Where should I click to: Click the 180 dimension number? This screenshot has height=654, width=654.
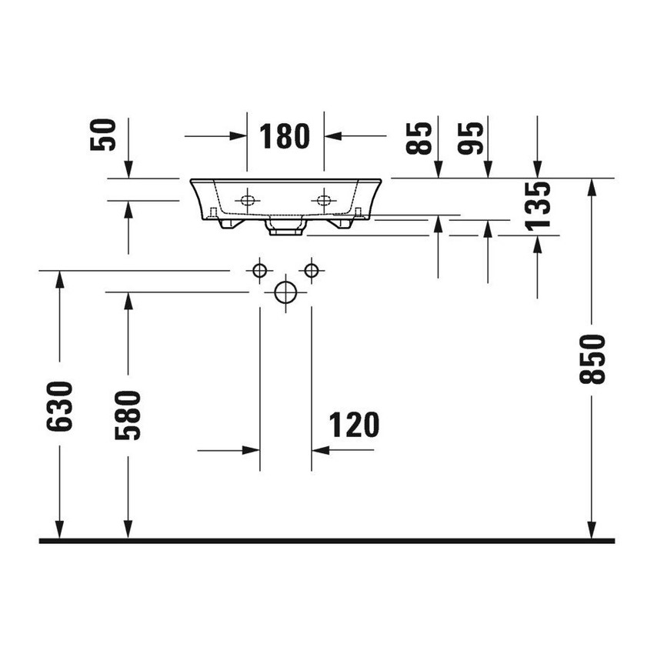click(285, 136)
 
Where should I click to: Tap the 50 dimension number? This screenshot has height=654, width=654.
click(103, 135)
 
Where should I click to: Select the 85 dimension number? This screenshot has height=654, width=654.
click(419, 138)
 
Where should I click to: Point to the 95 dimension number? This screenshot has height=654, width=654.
click(470, 138)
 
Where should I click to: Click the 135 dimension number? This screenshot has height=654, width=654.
click(538, 206)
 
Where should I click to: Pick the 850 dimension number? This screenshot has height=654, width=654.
click(592, 359)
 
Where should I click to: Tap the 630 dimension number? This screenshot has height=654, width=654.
click(60, 405)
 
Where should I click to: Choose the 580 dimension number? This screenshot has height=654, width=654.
click(128, 415)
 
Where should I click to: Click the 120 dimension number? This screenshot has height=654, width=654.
click(354, 425)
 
